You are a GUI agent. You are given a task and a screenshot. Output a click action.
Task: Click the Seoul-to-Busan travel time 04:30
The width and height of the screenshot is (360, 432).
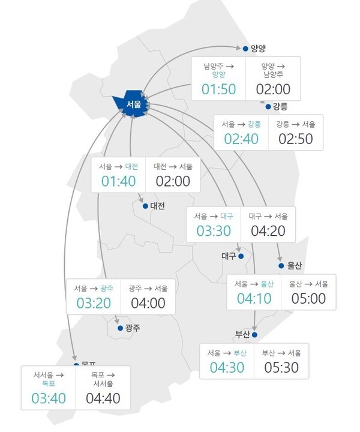tap(226, 367)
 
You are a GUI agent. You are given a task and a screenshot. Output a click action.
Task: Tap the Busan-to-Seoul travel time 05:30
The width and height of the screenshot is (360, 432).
tap(281, 367)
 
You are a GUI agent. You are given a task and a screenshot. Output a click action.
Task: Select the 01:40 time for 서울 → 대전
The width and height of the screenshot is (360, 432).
tap(118, 181)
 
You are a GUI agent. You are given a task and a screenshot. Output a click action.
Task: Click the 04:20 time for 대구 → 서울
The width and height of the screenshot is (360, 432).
tap(268, 230)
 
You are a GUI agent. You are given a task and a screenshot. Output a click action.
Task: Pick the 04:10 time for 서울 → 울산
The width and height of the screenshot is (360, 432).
tap(254, 298)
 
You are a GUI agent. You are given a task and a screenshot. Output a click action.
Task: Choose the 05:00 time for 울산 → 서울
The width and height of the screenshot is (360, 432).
tap(308, 298)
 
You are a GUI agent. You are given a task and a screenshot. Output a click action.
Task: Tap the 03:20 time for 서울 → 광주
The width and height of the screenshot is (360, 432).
tap(93, 303)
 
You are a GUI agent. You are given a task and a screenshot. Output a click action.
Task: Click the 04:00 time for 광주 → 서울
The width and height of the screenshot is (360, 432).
tap(148, 303)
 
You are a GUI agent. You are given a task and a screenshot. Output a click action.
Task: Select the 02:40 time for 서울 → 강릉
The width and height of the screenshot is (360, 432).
tap(241, 139)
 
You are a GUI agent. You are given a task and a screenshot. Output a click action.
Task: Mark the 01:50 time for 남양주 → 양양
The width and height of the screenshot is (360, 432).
tap(218, 90)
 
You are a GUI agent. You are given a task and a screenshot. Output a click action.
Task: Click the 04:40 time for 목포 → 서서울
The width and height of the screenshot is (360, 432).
tap(103, 398)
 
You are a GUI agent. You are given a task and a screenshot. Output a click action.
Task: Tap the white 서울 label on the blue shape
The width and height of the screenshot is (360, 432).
tap(134, 104)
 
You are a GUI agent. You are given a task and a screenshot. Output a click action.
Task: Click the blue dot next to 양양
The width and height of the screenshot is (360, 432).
tap(244, 49)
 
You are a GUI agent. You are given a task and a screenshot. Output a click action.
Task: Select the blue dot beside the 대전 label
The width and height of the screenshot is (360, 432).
tap(145, 206)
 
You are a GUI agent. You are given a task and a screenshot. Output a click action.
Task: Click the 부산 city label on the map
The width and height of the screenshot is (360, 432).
tap(242, 335)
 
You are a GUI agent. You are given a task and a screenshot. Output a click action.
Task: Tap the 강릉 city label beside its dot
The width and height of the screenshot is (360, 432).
tap(280, 107)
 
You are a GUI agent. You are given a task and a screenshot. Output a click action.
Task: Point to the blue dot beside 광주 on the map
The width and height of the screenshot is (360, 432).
tap(120, 328)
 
